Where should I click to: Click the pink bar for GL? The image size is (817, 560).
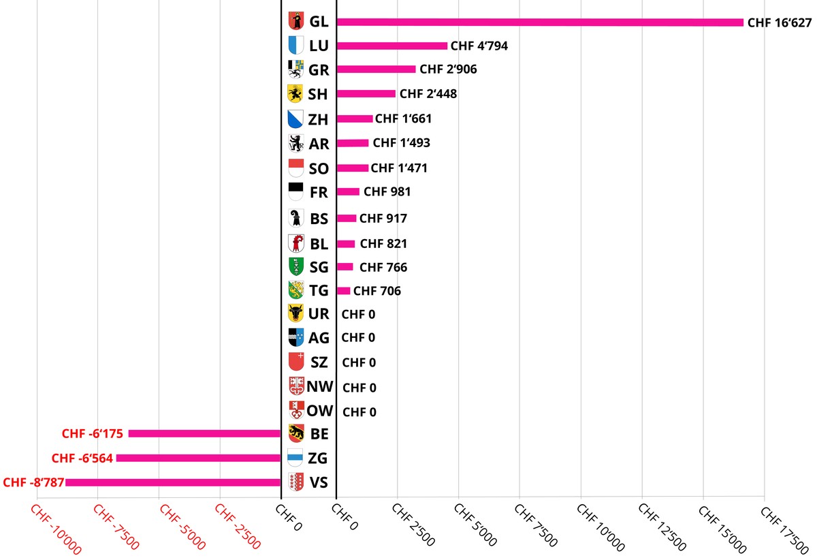tap(540, 22)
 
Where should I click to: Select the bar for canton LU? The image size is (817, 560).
tap(391, 46)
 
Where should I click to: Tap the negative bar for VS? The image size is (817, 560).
tap(173, 482)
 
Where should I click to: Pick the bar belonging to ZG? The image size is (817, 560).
tap(198, 458)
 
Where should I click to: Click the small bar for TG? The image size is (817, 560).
tap(343, 291)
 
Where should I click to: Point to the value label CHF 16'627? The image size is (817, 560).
tap(780, 22)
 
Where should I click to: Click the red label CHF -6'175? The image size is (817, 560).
tap(93, 434)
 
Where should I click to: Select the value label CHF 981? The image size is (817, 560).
tap(387, 191)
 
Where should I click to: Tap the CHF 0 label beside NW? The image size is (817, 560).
tap(359, 388)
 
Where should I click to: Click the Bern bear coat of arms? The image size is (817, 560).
tap(295, 433)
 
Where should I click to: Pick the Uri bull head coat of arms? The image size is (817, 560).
tap(295, 313)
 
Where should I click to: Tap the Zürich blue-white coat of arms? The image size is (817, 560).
tap(295, 119)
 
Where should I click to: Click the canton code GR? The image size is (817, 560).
tap(319, 70)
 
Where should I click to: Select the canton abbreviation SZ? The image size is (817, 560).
tap(319, 362)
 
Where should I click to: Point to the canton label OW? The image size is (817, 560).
tap(319, 411)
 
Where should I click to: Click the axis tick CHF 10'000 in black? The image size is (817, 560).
tap(601, 527)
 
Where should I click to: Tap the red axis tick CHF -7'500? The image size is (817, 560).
tap(116, 527)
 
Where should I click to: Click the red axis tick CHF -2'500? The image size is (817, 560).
tap(238, 526)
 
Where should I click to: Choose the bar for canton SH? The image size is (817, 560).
tap(366, 94)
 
